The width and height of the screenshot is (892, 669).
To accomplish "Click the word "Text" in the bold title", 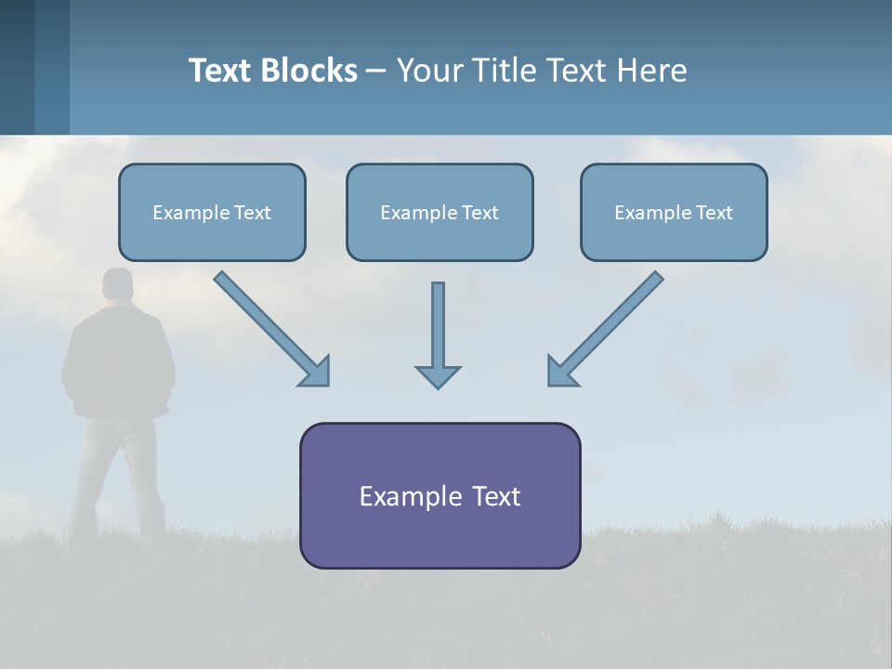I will tap(221, 71).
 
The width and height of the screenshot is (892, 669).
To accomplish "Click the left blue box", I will tap(212, 212).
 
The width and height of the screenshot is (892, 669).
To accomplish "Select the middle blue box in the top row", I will tap(439, 212).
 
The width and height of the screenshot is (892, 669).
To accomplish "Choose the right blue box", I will tap(674, 212).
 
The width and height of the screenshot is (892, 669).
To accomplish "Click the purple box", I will tap(439, 495).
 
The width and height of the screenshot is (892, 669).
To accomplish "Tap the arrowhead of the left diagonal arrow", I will tap(316, 371).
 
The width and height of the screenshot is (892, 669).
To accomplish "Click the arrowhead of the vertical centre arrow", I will tap(438, 375).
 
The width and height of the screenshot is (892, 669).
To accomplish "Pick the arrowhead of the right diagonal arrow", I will tap(561, 371).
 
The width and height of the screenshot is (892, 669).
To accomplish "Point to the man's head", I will tap(118, 284).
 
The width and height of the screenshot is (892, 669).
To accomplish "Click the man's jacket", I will tap(118, 358).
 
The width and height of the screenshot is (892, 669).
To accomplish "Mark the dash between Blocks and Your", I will tap(376, 71).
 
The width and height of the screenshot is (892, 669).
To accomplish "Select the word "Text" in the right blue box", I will tap(715, 212).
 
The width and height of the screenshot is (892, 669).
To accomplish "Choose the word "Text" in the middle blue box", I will tap(480, 212).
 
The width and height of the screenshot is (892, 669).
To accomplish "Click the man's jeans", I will tap(116, 465).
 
